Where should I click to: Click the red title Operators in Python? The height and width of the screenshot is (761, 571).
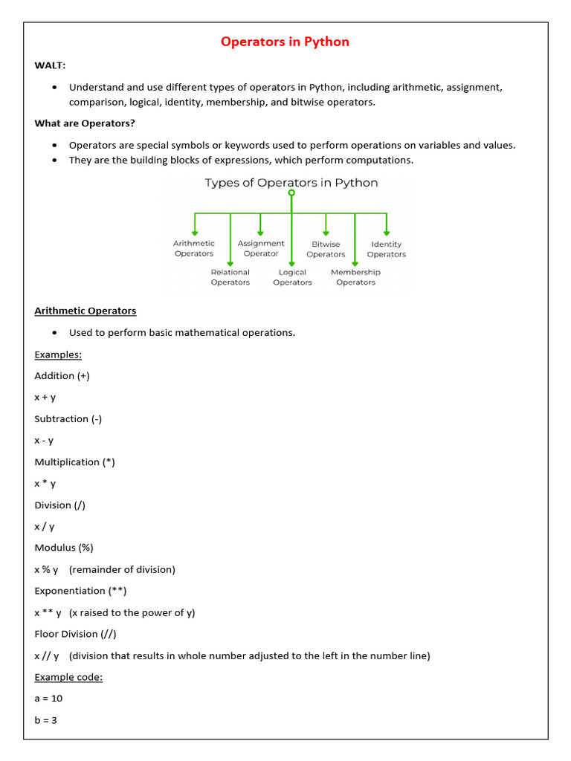coord(285,42)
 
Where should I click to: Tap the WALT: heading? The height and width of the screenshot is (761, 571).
coord(50,65)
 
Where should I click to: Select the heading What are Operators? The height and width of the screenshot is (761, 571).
coord(85,123)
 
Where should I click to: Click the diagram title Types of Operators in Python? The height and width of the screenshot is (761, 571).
coord(291,183)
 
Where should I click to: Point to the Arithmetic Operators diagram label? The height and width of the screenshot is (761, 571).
coord(194,248)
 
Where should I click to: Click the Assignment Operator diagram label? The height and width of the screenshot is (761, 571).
coord(261,248)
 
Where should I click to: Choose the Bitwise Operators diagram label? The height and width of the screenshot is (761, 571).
coord(326,249)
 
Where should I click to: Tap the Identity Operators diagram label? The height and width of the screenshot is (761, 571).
coord(387,249)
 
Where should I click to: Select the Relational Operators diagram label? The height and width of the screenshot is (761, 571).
coord(230,277)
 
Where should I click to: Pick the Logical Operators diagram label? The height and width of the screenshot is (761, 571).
coord(292,277)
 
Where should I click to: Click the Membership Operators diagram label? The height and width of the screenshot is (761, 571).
coord(355,277)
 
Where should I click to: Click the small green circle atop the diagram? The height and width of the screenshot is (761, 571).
coord(291,192)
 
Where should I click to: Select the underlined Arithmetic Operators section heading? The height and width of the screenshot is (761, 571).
coord(86,311)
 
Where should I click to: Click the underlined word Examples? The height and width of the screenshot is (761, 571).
coord(58,354)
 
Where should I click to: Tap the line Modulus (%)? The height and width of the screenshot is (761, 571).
coord(64,548)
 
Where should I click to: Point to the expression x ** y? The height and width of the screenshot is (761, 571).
coord(48,613)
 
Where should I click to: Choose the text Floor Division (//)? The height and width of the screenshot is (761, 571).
coord(75,634)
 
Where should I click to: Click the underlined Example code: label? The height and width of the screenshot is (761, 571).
coord(68,677)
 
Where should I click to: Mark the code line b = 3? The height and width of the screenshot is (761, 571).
coord(46,720)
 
